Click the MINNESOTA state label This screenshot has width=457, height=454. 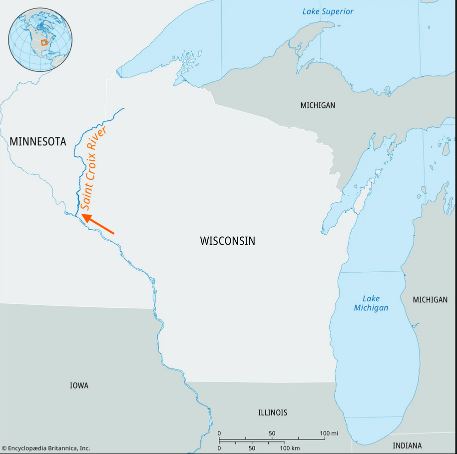point(38,142)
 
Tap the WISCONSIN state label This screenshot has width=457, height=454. point(227,241)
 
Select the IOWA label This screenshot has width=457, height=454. point(79,386)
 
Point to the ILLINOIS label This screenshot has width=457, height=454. point(272,413)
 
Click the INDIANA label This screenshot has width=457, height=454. point(407,446)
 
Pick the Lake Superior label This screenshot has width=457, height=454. point(328,11)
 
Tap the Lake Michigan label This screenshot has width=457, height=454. point(371,303)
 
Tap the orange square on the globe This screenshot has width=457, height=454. point(44,42)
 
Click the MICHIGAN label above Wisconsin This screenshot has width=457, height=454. point(318,105)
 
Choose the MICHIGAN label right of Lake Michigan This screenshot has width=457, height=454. point(430,300)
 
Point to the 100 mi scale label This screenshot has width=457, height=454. point(329,433)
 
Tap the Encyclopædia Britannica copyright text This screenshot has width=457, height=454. point(46,449)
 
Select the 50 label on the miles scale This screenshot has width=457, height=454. point(272,433)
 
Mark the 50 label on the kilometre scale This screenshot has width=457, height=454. point(252,449)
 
